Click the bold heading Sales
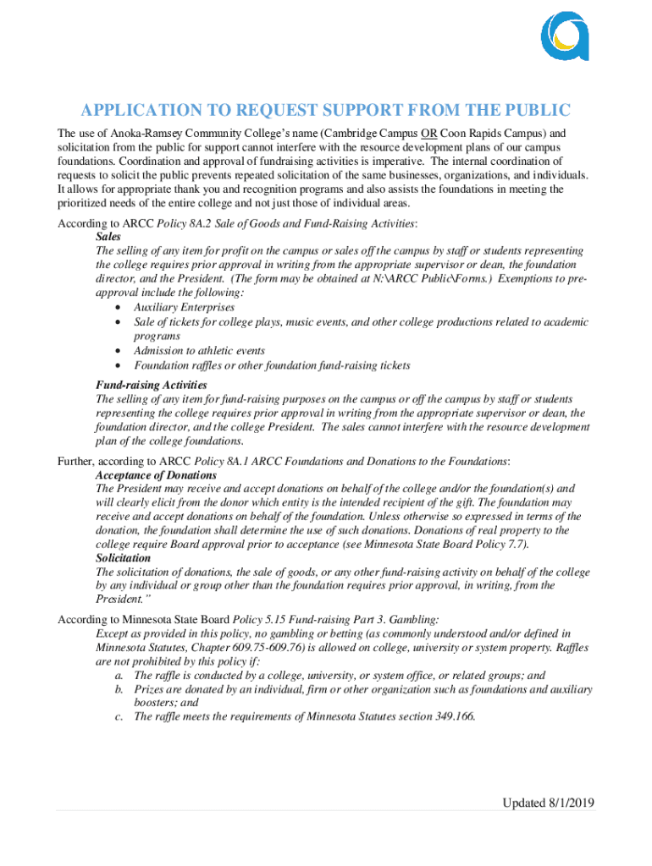[109, 238]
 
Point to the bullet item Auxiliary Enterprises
[184, 308]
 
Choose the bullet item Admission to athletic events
[199, 351]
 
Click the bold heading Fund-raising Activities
[152, 385]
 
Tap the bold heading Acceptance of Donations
[157, 475]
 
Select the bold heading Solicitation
[124, 558]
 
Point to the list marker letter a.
[119, 676]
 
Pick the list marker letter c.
[119, 717]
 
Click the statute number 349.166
[454, 717]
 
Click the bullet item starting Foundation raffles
[272, 365]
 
